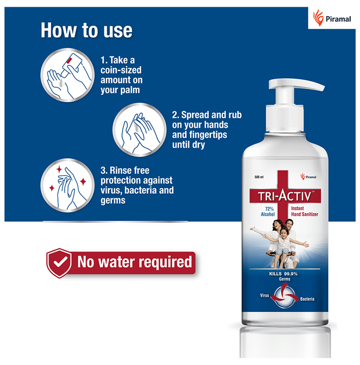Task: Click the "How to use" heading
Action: pos(87,30)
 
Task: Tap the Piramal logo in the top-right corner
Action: pos(332,18)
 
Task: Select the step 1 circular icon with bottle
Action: pos(67,75)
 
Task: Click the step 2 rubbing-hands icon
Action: pos(139,130)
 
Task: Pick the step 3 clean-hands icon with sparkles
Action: pos(67,186)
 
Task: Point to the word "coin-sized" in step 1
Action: pos(121,70)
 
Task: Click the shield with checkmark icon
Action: pos(59,263)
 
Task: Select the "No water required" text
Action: pos(135,262)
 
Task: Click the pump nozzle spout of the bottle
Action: pos(310,85)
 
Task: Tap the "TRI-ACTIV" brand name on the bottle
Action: pos(285,196)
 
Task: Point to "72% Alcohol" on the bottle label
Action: pos(268,212)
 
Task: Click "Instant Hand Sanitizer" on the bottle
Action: pos(304,211)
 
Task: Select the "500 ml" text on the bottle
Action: pos(259,177)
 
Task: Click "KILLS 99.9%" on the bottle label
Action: pos(283,274)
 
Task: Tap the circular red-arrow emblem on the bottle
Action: pos(284,297)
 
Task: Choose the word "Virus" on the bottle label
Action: pos(265,296)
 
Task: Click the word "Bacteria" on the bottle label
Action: pos(307,299)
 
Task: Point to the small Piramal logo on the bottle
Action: pos(308,177)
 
